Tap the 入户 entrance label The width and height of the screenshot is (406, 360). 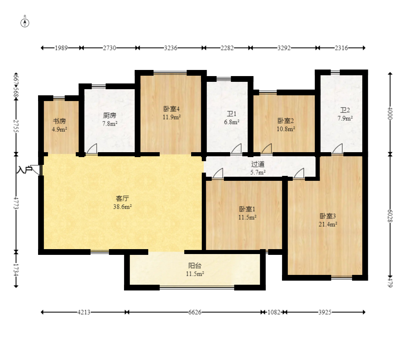pyautogui.click(x=24, y=170)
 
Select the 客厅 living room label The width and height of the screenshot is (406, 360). pyautogui.click(x=122, y=198)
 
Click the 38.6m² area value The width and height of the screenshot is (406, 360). pyautogui.click(x=122, y=207)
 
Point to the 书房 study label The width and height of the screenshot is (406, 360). pyautogui.click(x=60, y=121)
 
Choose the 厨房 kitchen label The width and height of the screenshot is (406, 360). pyautogui.click(x=110, y=115)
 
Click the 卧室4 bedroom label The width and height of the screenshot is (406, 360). pyautogui.click(x=171, y=109)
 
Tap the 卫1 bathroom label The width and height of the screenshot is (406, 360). pyautogui.click(x=232, y=114)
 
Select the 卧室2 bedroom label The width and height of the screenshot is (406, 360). pyautogui.click(x=286, y=121)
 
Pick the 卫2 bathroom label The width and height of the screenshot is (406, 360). pyautogui.click(x=345, y=110)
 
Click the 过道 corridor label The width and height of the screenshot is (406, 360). pyautogui.click(x=258, y=164)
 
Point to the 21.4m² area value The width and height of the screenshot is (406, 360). pyautogui.click(x=328, y=224)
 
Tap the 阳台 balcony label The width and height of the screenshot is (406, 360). pyautogui.click(x=195, y=265)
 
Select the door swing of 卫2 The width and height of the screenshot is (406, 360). pyautogui.click(x=337, y=149)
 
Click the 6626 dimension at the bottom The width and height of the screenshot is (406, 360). pyautogui.click(x=195, y=312)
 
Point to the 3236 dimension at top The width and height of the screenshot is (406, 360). pyautogui.click(x=171, y=48)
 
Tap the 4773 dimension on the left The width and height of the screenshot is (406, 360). pyautogui.click(x=16, y=203)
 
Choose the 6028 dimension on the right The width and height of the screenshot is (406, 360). pyautogui.click(x=390, y=216)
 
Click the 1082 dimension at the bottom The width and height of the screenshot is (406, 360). pyautogui.click(x=274, y=312)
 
